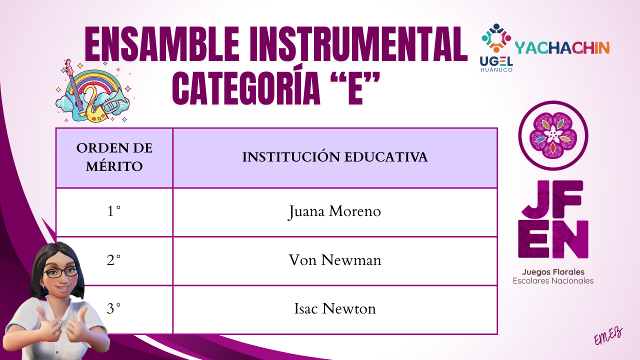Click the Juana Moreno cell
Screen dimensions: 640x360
tap(335, 212)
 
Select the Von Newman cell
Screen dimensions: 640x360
tap(335, 261)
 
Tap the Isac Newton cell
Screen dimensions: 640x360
tap(335, 309)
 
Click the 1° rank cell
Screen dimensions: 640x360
tap(114, 212)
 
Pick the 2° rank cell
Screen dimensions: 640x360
tap(114, 261)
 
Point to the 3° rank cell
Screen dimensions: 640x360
tap(114, 309)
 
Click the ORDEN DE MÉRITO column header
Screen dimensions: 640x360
tap(114, 157)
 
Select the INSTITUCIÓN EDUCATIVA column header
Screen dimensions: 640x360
tap(335, 157)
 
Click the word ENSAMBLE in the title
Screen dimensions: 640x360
tap(161, 44)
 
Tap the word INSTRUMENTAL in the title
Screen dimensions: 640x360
tap(358, 44)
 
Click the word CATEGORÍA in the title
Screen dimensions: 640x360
tap(246, 88)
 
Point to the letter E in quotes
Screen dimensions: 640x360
tap(355, 88)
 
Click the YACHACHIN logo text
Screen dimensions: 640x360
tap(562, 48)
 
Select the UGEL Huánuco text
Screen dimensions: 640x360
tap(496, 64)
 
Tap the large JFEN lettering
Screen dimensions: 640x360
tap(553, 219)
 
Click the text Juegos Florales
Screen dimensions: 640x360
tap(553, 272)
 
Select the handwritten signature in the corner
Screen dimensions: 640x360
tap(608, 336)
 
